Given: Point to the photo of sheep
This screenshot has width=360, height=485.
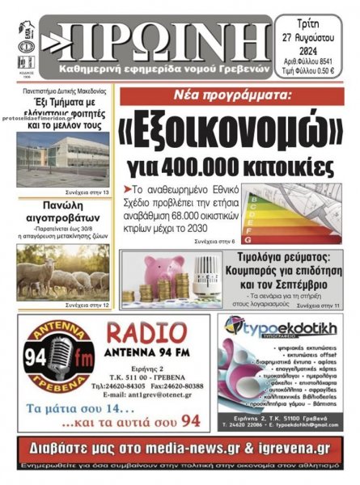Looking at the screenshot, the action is (62, 276).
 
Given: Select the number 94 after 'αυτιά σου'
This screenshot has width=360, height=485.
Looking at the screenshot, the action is (190, 421).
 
